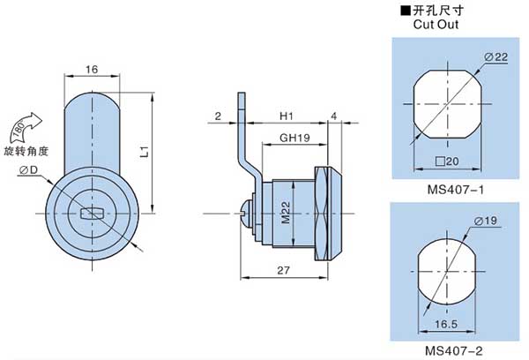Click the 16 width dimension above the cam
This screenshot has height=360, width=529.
[92, 69]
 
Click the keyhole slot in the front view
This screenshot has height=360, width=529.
[92, 213]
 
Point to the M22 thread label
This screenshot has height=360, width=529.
[286, 213]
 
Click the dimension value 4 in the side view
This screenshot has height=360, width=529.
[334, 116]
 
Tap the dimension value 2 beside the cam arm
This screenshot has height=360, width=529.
[216, 116]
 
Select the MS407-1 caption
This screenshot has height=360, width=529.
[451, 188]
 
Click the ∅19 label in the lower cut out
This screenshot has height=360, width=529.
[490, 220]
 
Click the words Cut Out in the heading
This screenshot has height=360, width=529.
[435, 25]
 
